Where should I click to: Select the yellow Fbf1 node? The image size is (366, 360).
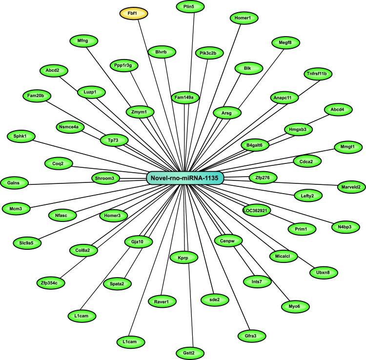tap(134, 13)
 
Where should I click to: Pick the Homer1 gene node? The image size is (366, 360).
tap(243, 18)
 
